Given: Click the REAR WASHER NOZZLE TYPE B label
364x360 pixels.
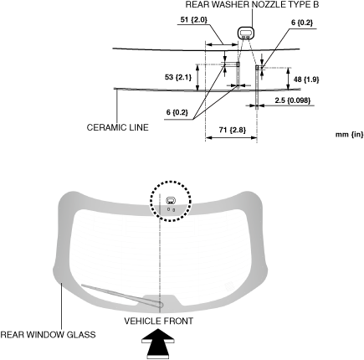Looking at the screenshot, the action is tap(252, 4).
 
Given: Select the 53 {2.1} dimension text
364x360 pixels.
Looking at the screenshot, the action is tap(178, 77).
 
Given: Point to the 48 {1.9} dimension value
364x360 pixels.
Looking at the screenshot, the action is tap(306, 80).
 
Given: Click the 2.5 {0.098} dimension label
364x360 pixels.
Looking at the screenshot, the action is tap(293, 100).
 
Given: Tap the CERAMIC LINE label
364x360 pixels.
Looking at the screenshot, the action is tap(117, 127).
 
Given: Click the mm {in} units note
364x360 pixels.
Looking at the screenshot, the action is tap(350, 135).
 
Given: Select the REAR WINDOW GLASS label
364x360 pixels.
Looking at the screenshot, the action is tap(48, 334).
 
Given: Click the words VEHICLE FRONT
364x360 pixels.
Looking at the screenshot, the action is tap(158, 321).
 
